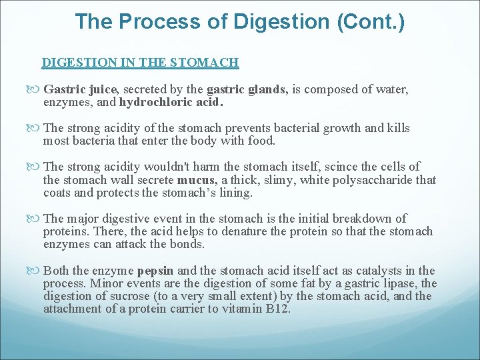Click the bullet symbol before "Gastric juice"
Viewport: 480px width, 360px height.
(x=35, y=89)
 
